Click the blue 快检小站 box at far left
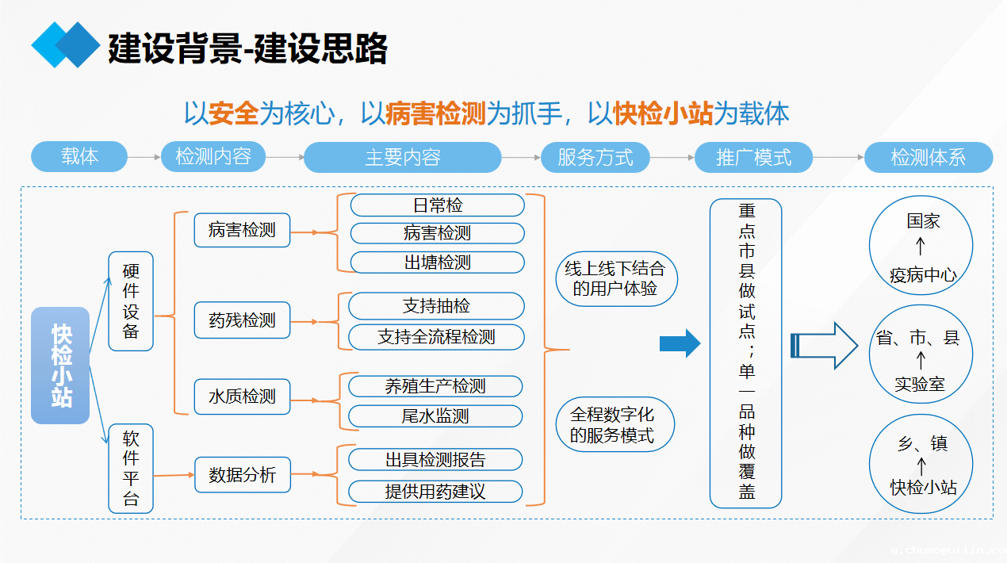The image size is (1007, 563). coord(60,365)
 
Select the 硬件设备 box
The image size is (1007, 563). coord(131,301)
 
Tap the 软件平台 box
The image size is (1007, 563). coord(131,468)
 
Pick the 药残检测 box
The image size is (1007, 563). coord(242,320)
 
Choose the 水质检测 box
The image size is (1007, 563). coord(242,396)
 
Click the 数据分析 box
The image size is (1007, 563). coord(242,475)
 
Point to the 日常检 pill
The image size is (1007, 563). coord(437,205)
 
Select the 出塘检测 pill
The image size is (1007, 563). coord(437,262)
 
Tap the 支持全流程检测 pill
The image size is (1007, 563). coord(436,336)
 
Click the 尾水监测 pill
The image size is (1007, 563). coord(435,416)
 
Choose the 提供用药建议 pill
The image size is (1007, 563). coord(435,491)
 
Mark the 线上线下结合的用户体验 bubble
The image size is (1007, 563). coord(615,278)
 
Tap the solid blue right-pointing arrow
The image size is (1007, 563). coord(680,343)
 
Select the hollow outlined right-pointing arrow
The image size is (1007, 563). coord(825,345)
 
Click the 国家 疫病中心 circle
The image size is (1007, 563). coord(921,247)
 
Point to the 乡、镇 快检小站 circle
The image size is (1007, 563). coord(921,465)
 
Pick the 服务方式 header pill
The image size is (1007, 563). coord(595,157)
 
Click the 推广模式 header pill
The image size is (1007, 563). coord(753,157)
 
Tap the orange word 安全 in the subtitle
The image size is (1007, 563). coord(234,113)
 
